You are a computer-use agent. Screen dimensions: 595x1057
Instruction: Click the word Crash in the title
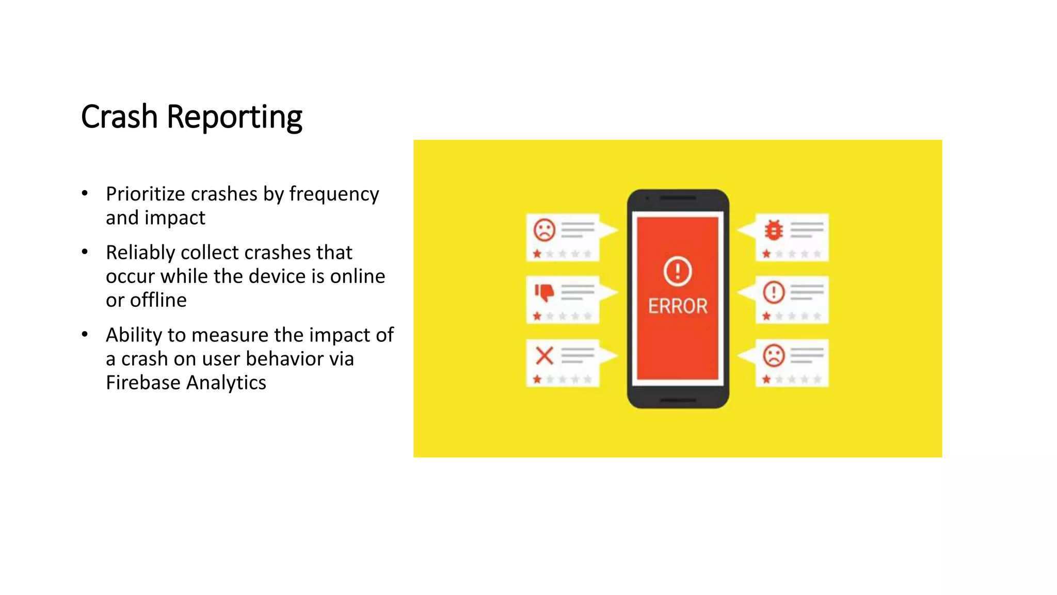(x=119, y=117)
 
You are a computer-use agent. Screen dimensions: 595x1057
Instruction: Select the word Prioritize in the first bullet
(x=146, y=194)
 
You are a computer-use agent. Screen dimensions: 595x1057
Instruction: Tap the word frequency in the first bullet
(x=334, y=194)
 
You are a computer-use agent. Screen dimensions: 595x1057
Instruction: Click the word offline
(x=158, y=300)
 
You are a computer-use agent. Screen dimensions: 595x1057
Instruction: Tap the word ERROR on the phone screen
(x=678, y=306)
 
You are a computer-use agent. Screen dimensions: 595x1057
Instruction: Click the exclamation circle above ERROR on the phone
(x=678, y=271)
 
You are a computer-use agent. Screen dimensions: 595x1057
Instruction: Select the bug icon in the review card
(x=774, y=230)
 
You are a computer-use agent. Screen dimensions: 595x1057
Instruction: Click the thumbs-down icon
(x=544, y=293)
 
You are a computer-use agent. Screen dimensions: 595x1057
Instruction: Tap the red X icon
(x=544, y=356)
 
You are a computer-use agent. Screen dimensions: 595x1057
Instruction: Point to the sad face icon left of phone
(x=544, y=230)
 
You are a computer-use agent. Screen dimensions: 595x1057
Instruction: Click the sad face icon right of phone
(x=774, y=356)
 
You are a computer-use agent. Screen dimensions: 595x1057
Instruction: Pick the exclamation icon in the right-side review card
(x=774, y=292)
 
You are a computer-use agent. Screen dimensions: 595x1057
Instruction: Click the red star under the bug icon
(x=766, y=254)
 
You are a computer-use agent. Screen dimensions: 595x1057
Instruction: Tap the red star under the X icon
(x=537, y=380)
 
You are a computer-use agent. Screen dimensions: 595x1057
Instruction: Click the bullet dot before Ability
(x=85, y=335)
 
